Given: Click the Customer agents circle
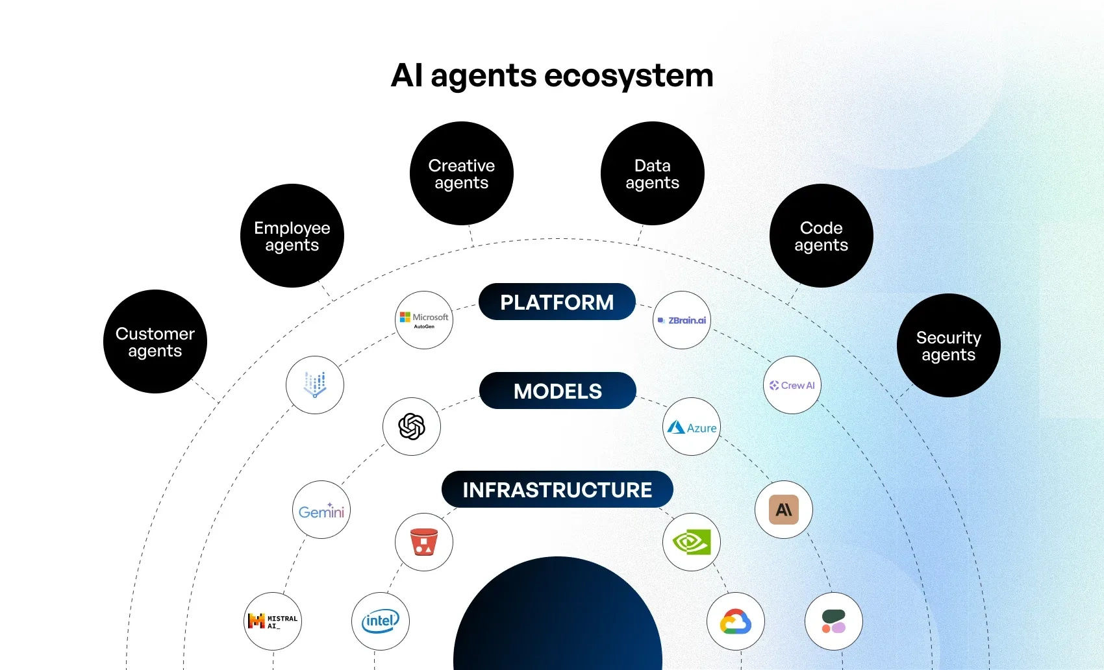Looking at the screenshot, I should click(155, 341).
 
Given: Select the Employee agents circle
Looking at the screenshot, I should click(292, 236).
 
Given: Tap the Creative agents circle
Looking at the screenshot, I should click(462, 173).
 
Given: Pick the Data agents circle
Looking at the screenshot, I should click(653, 173).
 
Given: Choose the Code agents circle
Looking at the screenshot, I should click(822, 236).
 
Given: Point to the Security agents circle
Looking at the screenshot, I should click(949, 345).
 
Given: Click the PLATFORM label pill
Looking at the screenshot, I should click(557, 302).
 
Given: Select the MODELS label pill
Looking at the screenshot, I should click(558, 391).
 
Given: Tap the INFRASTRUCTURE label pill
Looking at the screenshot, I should click(557, 490).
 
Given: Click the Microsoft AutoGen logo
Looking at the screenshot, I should click(424, 320).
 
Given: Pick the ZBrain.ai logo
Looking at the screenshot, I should click(682, 320).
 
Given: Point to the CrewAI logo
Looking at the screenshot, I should click(792, 385).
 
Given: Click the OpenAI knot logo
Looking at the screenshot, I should click(412, 427).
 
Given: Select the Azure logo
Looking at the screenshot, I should click(692, 427).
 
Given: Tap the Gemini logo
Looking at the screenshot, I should click(321, 510).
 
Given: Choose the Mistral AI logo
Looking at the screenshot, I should click(273, 621).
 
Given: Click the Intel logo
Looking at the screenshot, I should click(381, 621).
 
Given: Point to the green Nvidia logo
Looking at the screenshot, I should click(692, 542).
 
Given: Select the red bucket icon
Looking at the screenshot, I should click(424, 542).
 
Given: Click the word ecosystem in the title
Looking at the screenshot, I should click(629, 75).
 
